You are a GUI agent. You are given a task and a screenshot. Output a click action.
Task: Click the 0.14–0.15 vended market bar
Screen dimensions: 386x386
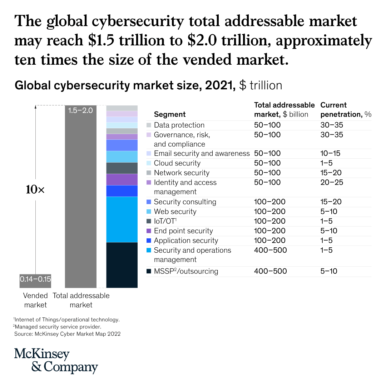(x=35, y=281)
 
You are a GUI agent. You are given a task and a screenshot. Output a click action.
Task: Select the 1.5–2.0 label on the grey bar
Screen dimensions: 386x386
(x=80, y=110)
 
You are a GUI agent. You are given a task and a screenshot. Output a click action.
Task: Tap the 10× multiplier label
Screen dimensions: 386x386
(x=35, y=190)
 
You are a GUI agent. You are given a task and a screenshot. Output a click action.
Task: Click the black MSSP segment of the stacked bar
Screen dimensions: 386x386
(x=122, y=265)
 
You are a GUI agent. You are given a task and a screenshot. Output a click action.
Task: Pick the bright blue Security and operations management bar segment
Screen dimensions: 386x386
(x=122, y=219)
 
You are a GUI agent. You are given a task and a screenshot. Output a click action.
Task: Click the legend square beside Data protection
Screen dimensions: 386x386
(x=149, y=125)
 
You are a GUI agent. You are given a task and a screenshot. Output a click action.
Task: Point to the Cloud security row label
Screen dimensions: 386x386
(x=177, y=163)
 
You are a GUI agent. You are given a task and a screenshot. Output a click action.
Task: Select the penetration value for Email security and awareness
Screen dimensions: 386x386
(x=330, y=154)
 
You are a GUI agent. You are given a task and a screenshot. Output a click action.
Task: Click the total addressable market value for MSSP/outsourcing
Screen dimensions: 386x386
(x=270, y=271)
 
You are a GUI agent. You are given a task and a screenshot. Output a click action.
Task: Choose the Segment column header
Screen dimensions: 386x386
(x=170, y=114)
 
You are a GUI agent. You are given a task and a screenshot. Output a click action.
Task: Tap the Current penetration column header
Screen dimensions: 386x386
(x=346, y=110)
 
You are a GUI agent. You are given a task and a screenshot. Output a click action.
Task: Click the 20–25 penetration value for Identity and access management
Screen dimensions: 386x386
(x=332, y=183)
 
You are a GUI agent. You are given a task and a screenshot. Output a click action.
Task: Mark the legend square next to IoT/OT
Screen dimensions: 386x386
(x=149, y=221)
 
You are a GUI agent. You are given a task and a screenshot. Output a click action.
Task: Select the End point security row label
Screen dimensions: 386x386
(x=183, y=231)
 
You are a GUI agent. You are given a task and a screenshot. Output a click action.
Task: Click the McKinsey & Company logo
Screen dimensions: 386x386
(x=56, y=360)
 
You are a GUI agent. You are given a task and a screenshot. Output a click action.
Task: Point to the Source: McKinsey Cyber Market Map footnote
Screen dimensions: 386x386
(x=67, y=334)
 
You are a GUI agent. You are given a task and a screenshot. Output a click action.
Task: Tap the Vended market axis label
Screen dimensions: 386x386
(x=35, y=300)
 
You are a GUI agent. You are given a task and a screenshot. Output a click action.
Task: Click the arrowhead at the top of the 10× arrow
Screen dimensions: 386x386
(x=35, y=107)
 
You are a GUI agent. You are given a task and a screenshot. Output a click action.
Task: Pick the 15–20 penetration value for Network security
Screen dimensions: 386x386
(x=332, y=173)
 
